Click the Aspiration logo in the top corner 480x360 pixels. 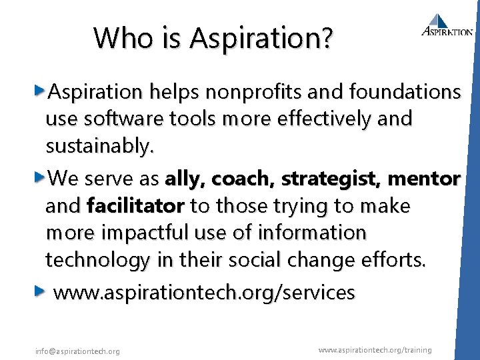tap(447, 25)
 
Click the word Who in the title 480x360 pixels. tap(117, 37)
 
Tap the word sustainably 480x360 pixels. tap(99, 146)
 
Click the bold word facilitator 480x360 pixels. tap(135, 206)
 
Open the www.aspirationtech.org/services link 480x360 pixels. tap(203, 292)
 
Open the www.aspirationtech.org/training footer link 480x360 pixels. tap(375, 350)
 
